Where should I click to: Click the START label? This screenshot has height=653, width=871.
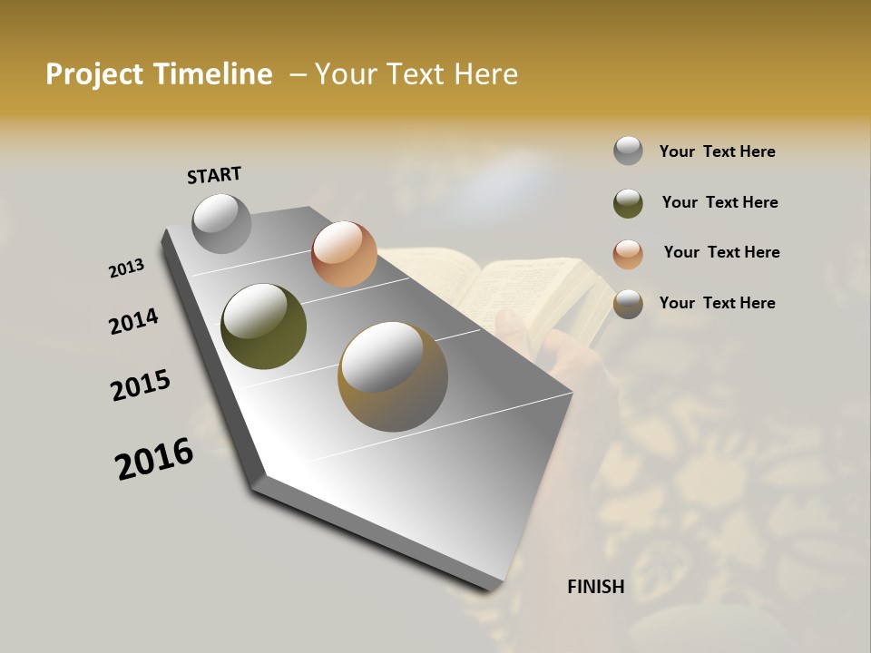point(214,175)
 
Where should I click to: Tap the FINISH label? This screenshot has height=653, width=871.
point(596,587)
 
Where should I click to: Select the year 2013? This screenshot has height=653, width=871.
point(127,268)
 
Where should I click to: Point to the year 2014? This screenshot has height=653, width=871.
point(134,321)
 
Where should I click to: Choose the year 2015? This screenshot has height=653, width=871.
point(141,385)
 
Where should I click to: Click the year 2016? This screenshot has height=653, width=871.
point(154,459)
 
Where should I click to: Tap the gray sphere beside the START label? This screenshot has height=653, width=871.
point(221,223)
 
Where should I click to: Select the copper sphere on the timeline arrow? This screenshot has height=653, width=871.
point(344,254)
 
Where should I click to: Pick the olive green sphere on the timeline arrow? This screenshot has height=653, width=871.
point(264,326)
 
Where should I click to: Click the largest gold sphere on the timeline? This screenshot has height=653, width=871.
point(393,376)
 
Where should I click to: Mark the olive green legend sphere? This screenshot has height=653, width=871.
point(628,203)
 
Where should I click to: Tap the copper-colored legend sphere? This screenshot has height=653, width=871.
point(628,254)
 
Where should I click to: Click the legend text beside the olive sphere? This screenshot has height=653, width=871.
point(719,202)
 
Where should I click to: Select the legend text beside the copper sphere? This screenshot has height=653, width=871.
point(721,252)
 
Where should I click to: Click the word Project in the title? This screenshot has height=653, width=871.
point(96,74)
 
